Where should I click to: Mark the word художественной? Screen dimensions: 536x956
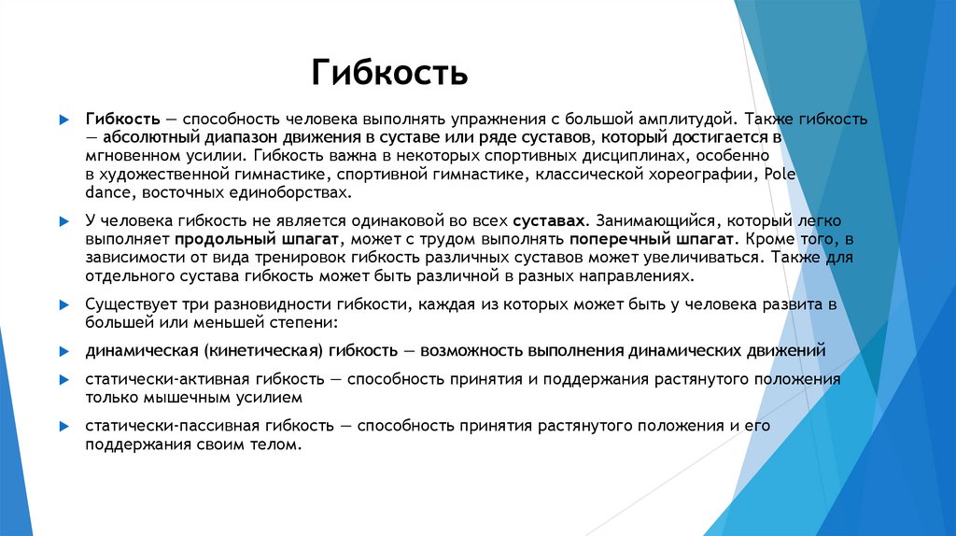tap(154, 174)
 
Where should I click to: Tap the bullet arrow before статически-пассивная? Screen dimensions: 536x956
tap(64, 427)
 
